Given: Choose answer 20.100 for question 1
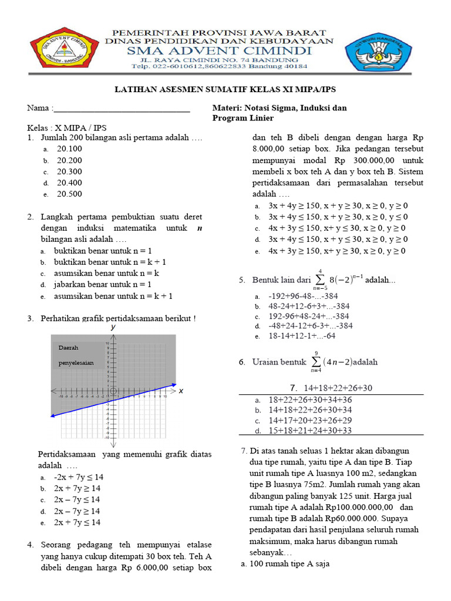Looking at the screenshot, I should pyautogui.click(x=69, y=149).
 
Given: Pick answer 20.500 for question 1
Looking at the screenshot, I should pyautogui.click(x=69, y=194).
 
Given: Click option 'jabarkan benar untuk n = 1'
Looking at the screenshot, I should pyautogui.click(x=103, y=285).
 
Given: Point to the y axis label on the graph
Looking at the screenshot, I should pyautogui.click(x=113, y=327).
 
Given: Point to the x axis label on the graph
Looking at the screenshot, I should pyautogui.click(x=181, y=391).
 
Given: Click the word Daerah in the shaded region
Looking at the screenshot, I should pyautogui.click(x=68, y=348).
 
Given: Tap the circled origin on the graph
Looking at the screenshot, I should pyautogui.click(x=113, y=391).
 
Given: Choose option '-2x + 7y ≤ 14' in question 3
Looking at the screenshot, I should pyautogui.click(x=78, y=477).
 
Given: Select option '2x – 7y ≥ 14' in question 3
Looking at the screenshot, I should pyautogui.click(x=77, y=511).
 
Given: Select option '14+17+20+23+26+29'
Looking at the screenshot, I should pyautogui.click(x=310, y=420).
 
